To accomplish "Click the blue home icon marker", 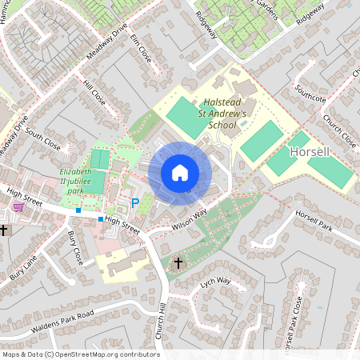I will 180,173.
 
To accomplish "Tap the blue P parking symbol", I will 135,204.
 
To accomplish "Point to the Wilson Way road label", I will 189,219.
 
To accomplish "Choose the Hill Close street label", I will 94,94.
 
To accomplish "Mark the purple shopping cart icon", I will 18,206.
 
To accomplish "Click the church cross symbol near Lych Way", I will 178,262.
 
